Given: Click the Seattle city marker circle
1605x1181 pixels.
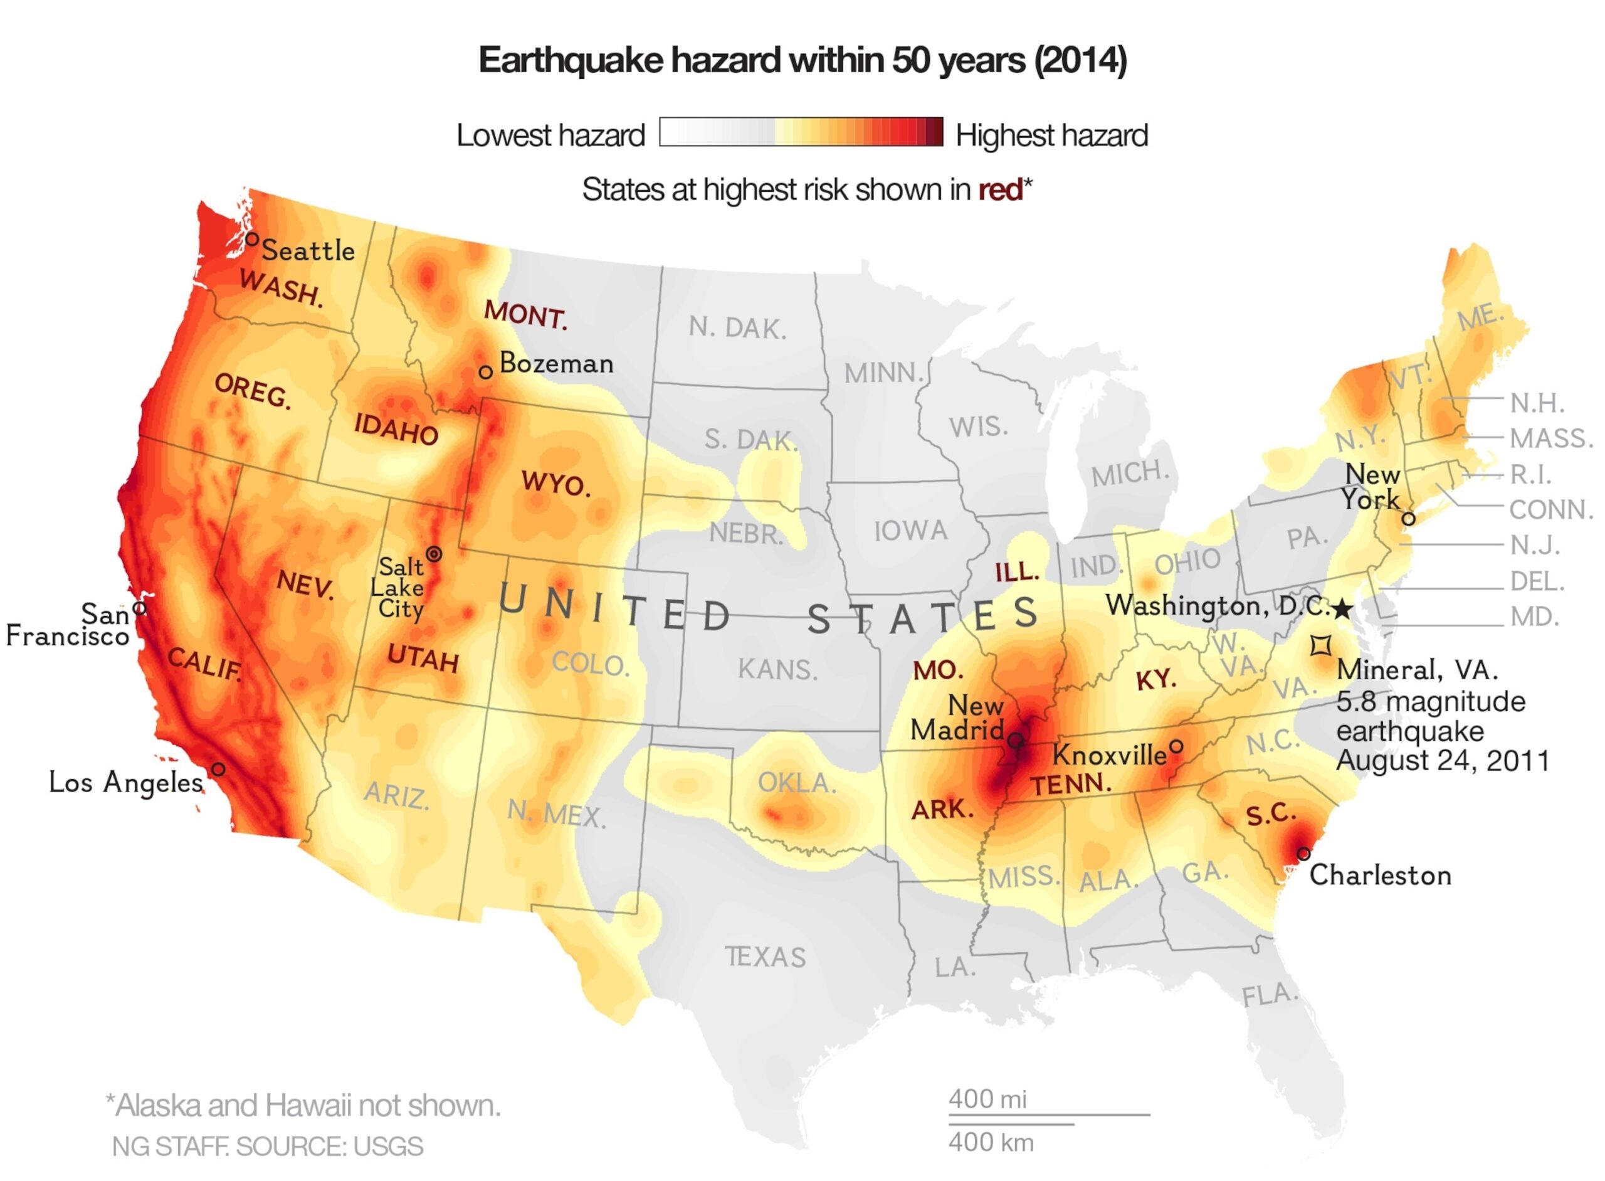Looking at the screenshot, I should [x=251, y=239].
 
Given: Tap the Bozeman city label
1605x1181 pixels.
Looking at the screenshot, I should [x=556, y=364].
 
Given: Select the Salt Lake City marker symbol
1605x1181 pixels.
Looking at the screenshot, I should [x=434, y=554].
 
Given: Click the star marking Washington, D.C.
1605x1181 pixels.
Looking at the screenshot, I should [x=1343, y=610].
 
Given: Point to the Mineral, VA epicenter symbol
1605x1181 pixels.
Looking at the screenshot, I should [x=1320, y=645].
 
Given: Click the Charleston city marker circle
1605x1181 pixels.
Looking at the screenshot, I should [x=1303, y=854].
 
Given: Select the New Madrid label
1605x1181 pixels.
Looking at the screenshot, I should [x=957, y=719].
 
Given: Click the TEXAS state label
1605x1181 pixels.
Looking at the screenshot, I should [x=766, y=957].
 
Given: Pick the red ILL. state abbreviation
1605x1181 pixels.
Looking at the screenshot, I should [x=1017, y=573].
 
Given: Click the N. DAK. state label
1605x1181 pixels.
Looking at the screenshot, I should [x=737, y=328].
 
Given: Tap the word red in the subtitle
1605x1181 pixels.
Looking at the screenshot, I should [x=1000, y=190].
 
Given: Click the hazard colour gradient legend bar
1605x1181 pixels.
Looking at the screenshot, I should [x=801, y=132].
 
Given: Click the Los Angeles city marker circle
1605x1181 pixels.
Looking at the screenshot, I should [x=219, y=769].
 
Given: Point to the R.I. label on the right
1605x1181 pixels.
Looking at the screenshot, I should [x=1530, y=475].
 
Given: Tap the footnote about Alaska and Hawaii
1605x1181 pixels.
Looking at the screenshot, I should [x=303, y=1106].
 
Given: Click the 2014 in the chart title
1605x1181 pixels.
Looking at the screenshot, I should [x=1080, y=60].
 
